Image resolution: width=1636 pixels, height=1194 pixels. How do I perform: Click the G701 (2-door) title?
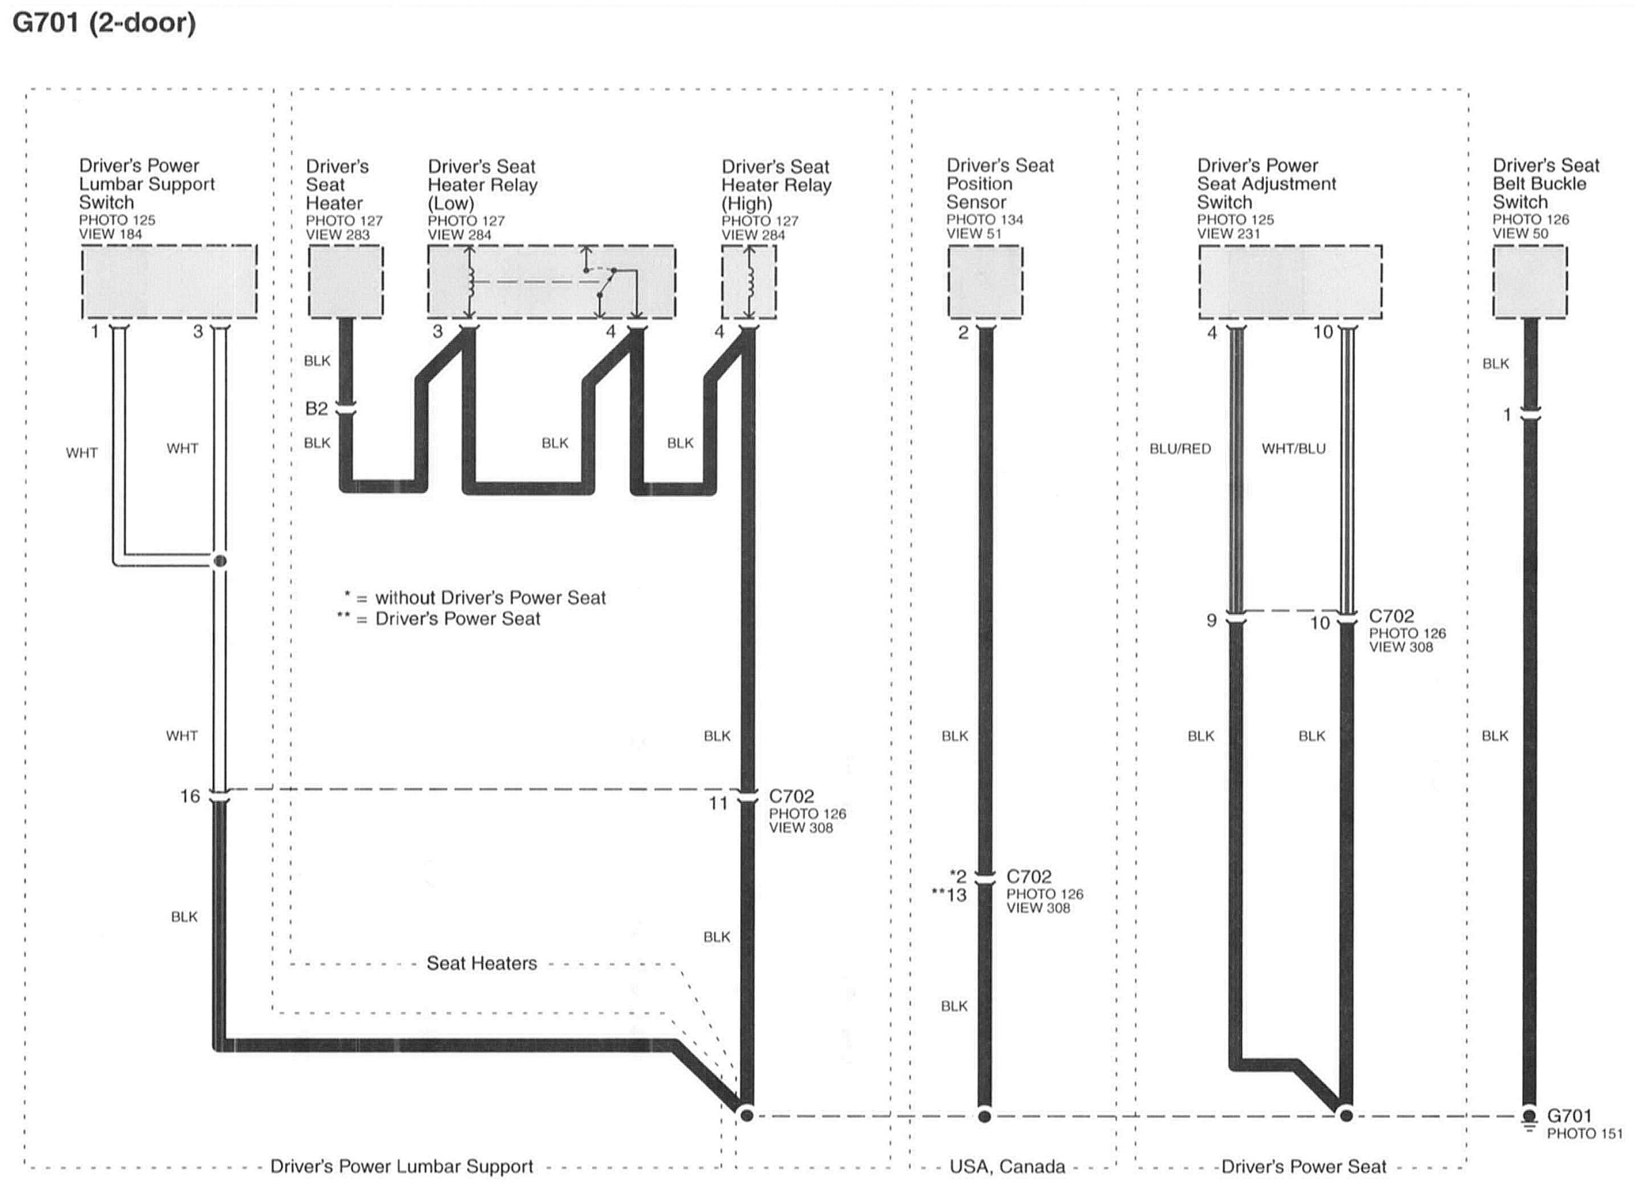105,23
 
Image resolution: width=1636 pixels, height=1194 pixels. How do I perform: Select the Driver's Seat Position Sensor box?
985,282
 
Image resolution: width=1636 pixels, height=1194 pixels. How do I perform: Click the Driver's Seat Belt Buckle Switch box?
1530,282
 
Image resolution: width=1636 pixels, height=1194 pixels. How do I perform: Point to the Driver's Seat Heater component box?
345,282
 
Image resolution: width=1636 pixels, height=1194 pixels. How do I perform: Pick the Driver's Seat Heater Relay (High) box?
749,282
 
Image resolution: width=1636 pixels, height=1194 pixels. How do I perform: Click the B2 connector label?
316,409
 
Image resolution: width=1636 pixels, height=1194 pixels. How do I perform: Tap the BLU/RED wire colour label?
1180,449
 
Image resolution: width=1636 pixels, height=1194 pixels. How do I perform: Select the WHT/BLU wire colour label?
1293,449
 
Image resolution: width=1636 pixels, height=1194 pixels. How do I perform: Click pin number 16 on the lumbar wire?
189,796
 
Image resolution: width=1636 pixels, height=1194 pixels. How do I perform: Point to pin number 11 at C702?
718,803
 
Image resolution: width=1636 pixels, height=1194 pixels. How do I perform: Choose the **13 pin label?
949,896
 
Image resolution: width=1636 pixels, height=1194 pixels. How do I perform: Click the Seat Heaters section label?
482,963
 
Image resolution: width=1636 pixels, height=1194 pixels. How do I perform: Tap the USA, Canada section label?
1006,1167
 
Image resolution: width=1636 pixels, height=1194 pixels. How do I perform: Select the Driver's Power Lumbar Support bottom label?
401,1167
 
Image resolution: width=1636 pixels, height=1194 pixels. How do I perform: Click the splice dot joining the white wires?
221,561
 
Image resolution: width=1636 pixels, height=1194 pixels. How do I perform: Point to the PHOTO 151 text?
1584,1134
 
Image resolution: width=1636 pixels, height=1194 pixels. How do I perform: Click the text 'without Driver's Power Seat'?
490,598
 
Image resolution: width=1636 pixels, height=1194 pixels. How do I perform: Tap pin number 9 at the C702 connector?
1212,620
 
